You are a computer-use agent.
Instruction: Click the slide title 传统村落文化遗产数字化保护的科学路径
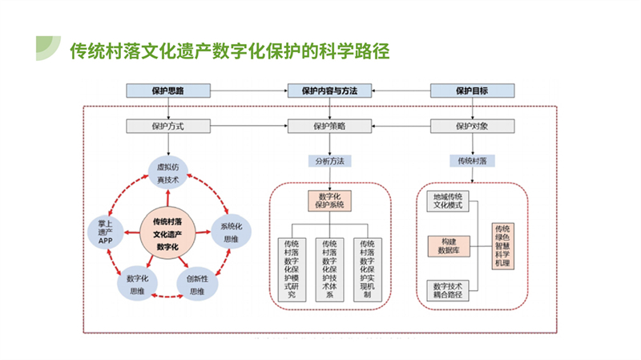pos(230,51)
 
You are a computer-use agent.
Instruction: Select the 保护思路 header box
pos(168,91)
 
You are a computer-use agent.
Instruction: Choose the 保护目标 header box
pos(473,91)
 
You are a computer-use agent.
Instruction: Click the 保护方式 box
pos(168,126)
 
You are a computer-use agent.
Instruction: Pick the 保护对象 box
pos(473,126)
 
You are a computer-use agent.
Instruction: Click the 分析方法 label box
pos(329,160)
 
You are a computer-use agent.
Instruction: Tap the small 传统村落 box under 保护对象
pos(473,160)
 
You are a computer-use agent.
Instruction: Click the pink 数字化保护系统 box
pos(330,200)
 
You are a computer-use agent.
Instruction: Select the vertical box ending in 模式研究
pos(291,269)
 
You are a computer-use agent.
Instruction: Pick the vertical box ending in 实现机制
pos(368,269)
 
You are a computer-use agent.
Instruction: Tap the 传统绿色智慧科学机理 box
pos(502,245)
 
